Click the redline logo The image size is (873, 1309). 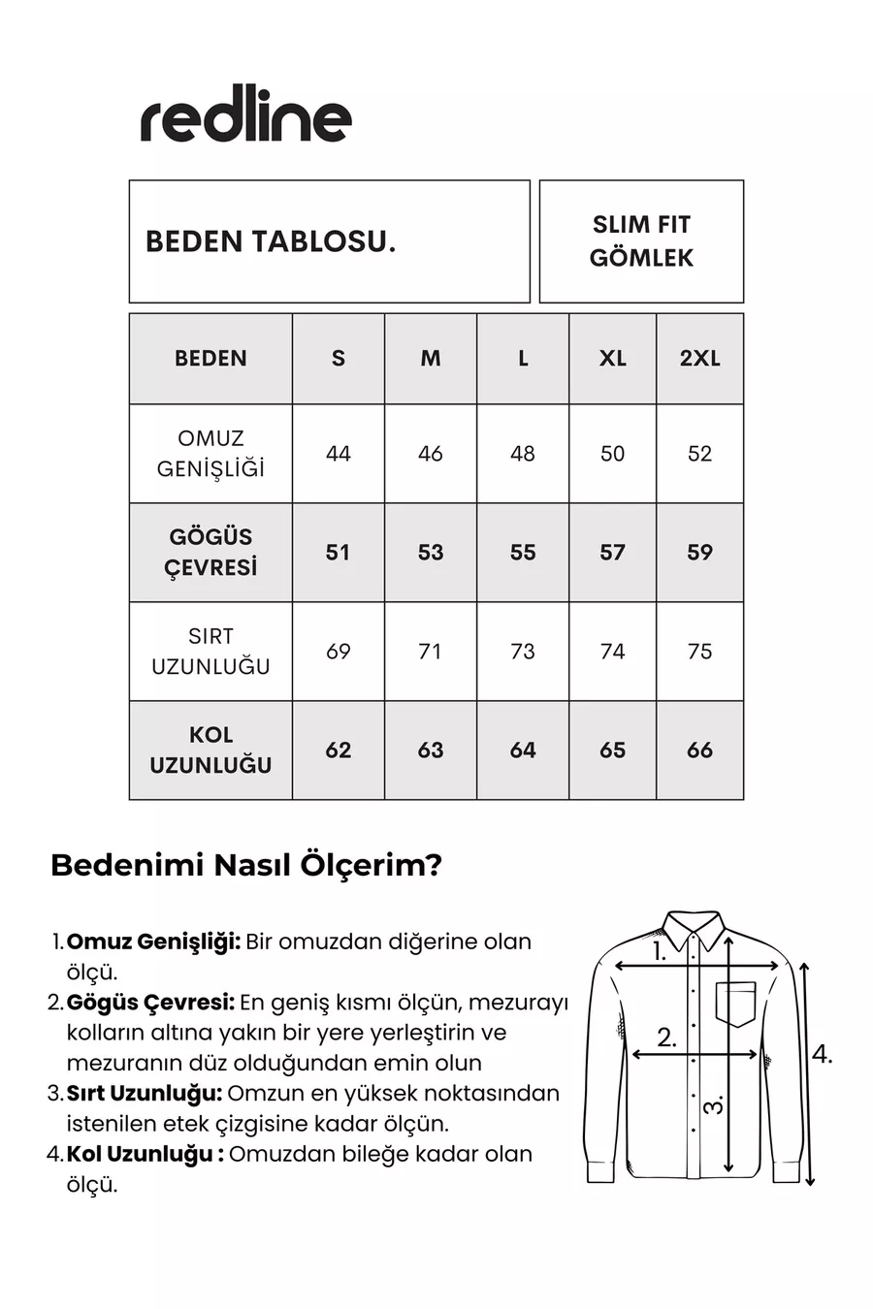tap(246, 119)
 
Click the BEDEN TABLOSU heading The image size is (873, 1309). tap(271, 241)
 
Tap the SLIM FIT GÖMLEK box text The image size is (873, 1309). tap(641, 241)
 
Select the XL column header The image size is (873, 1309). tap(612, 359)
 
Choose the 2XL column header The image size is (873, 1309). tap(699, 359)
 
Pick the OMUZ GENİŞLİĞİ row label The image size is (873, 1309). tap(210, 454)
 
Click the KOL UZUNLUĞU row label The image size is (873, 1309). tap(210, 750)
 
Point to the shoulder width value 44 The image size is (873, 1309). tap(339, 454)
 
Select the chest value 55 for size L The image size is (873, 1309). tap(523, 553)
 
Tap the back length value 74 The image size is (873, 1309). tap(612, 652)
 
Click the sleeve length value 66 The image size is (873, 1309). tap(699, 750)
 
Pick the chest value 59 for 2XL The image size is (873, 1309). tap(699, 553)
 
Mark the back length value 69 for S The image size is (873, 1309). tap(339, 652)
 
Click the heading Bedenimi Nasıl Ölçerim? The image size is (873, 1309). tap(246, 865)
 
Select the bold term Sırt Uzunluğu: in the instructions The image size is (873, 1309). tap(145, 1094)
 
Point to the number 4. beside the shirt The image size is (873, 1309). tap(822, 1055)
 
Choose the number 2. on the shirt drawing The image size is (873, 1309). tap(666, 1038)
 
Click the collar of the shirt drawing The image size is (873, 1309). tap(694, 929)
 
